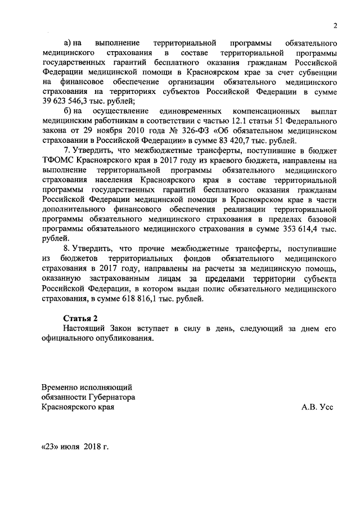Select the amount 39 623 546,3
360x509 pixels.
coord(67,101)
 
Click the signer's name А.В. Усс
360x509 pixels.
coord(317,406)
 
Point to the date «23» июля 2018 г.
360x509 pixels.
coord(74,447)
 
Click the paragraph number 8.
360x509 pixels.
coord(66,249)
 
